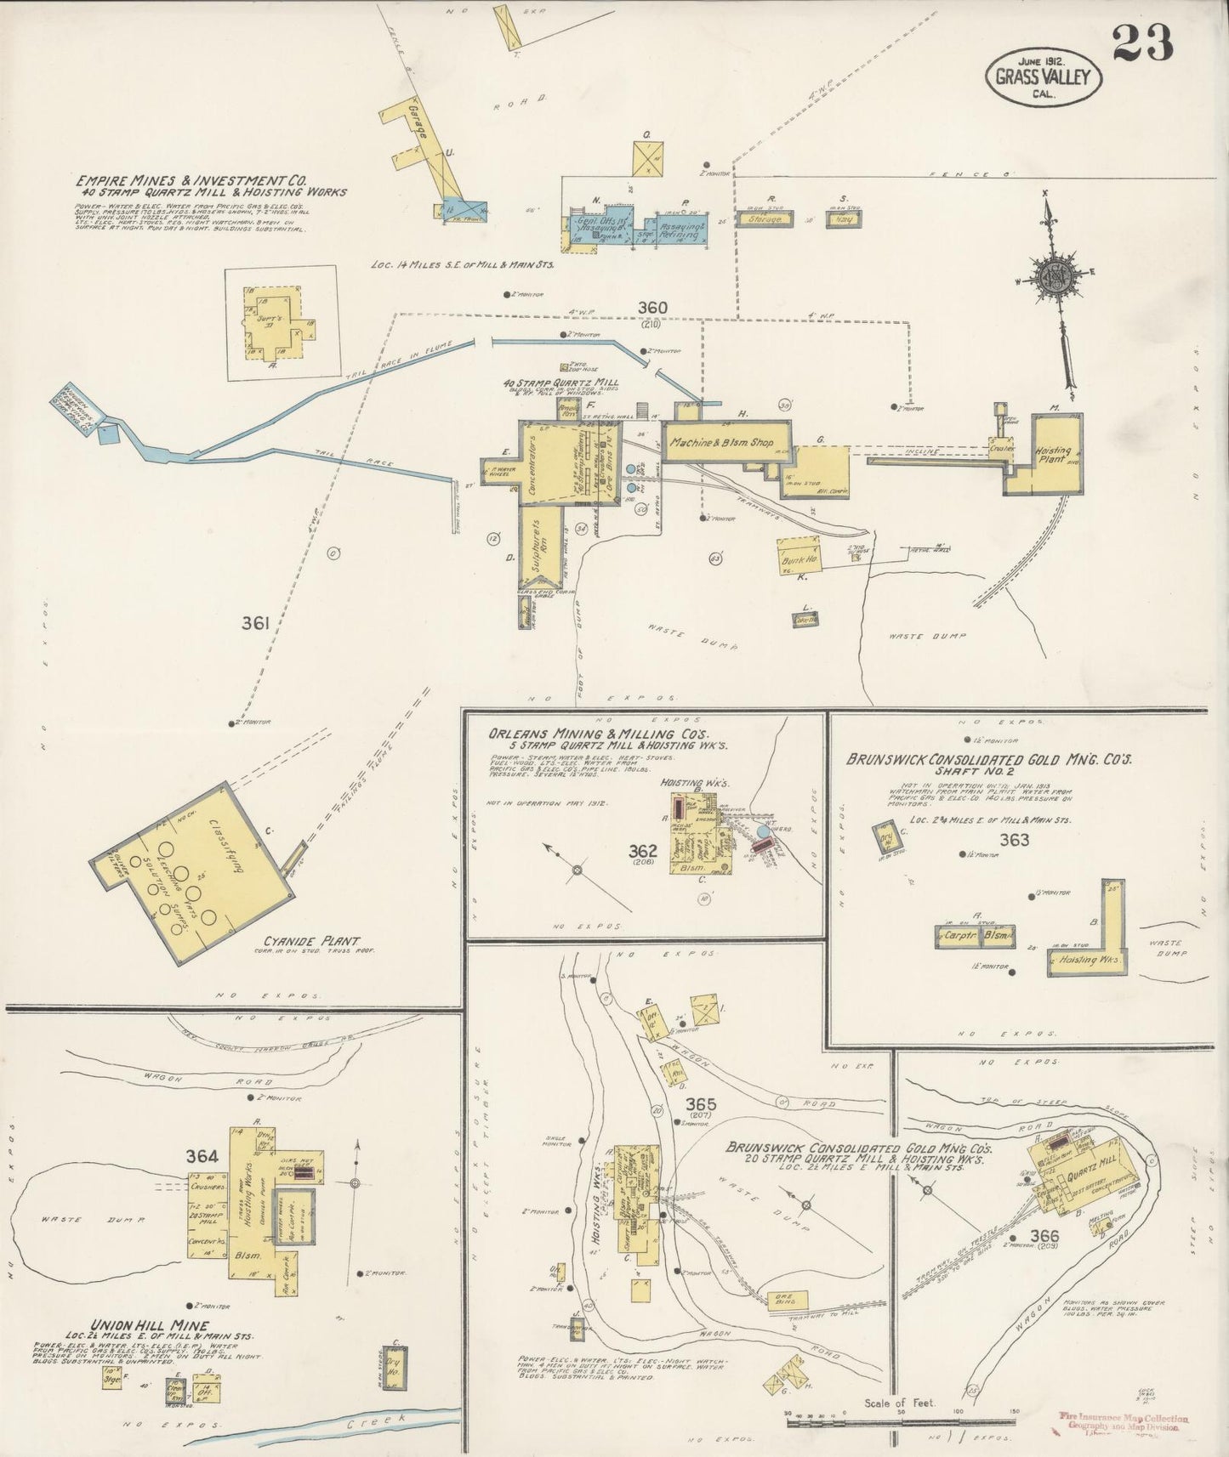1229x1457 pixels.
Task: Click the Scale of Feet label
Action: (900, 1403)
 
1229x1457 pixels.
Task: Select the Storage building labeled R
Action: (764, 219)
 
